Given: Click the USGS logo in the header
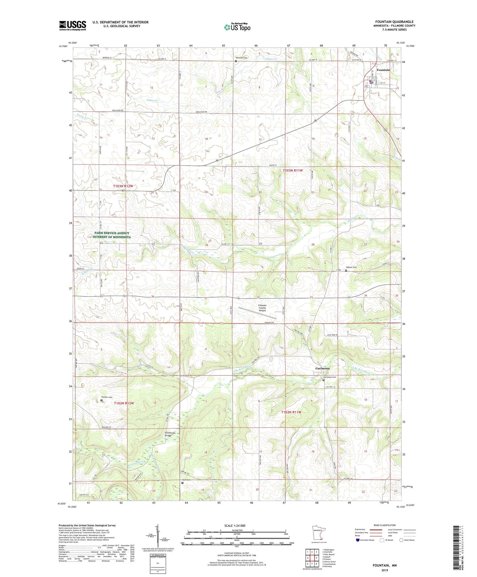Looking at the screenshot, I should (73, 25).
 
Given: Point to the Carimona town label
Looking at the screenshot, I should (322, 368).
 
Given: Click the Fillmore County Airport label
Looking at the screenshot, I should (262, 308).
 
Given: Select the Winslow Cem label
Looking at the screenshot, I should (241, 58).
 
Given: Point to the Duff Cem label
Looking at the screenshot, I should (187, 480).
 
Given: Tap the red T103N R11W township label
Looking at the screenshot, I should (292, 170).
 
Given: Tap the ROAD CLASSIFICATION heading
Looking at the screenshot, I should (385, 525).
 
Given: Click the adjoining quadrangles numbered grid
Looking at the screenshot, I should (312, 559).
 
